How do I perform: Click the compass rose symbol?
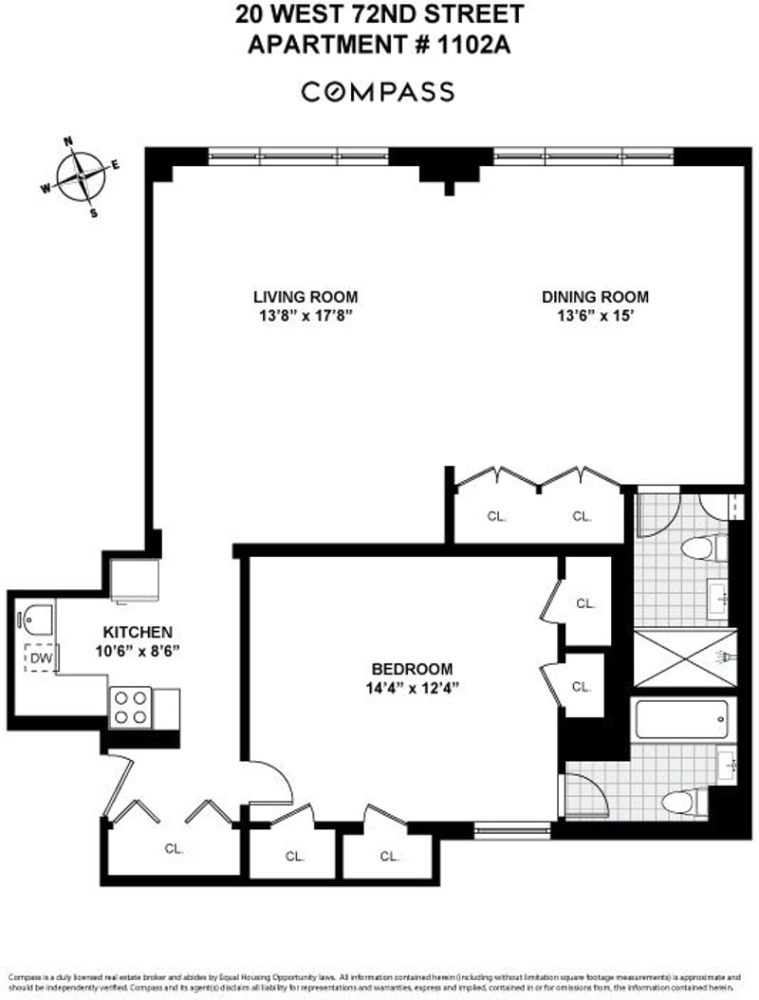click(x=82, y=176)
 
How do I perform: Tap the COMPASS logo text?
click(x=379, y=92)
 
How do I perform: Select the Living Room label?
click(x=298, y=297)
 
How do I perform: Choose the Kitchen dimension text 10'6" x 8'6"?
click(x=137, y=651)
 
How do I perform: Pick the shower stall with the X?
click(x=682, y=657)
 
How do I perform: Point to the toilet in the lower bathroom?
click(x=683, y=802)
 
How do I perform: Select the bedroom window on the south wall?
click(x=511, y=831)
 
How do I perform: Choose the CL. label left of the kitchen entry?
click(x=173, y=848)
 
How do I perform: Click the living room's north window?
click(x=298, y=156)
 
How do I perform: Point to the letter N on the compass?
click(x=68, y=142)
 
